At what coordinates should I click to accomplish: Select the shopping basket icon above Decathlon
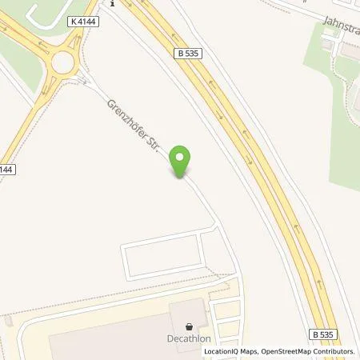190,326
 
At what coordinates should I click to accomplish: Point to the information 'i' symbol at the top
113,3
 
